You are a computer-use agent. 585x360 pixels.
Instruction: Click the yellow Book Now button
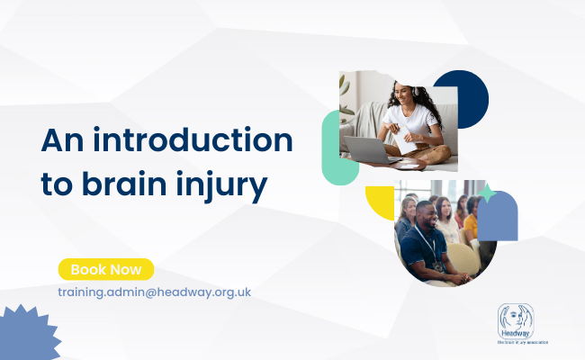(106, 269)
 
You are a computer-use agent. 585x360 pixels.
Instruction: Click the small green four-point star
(488, 192)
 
